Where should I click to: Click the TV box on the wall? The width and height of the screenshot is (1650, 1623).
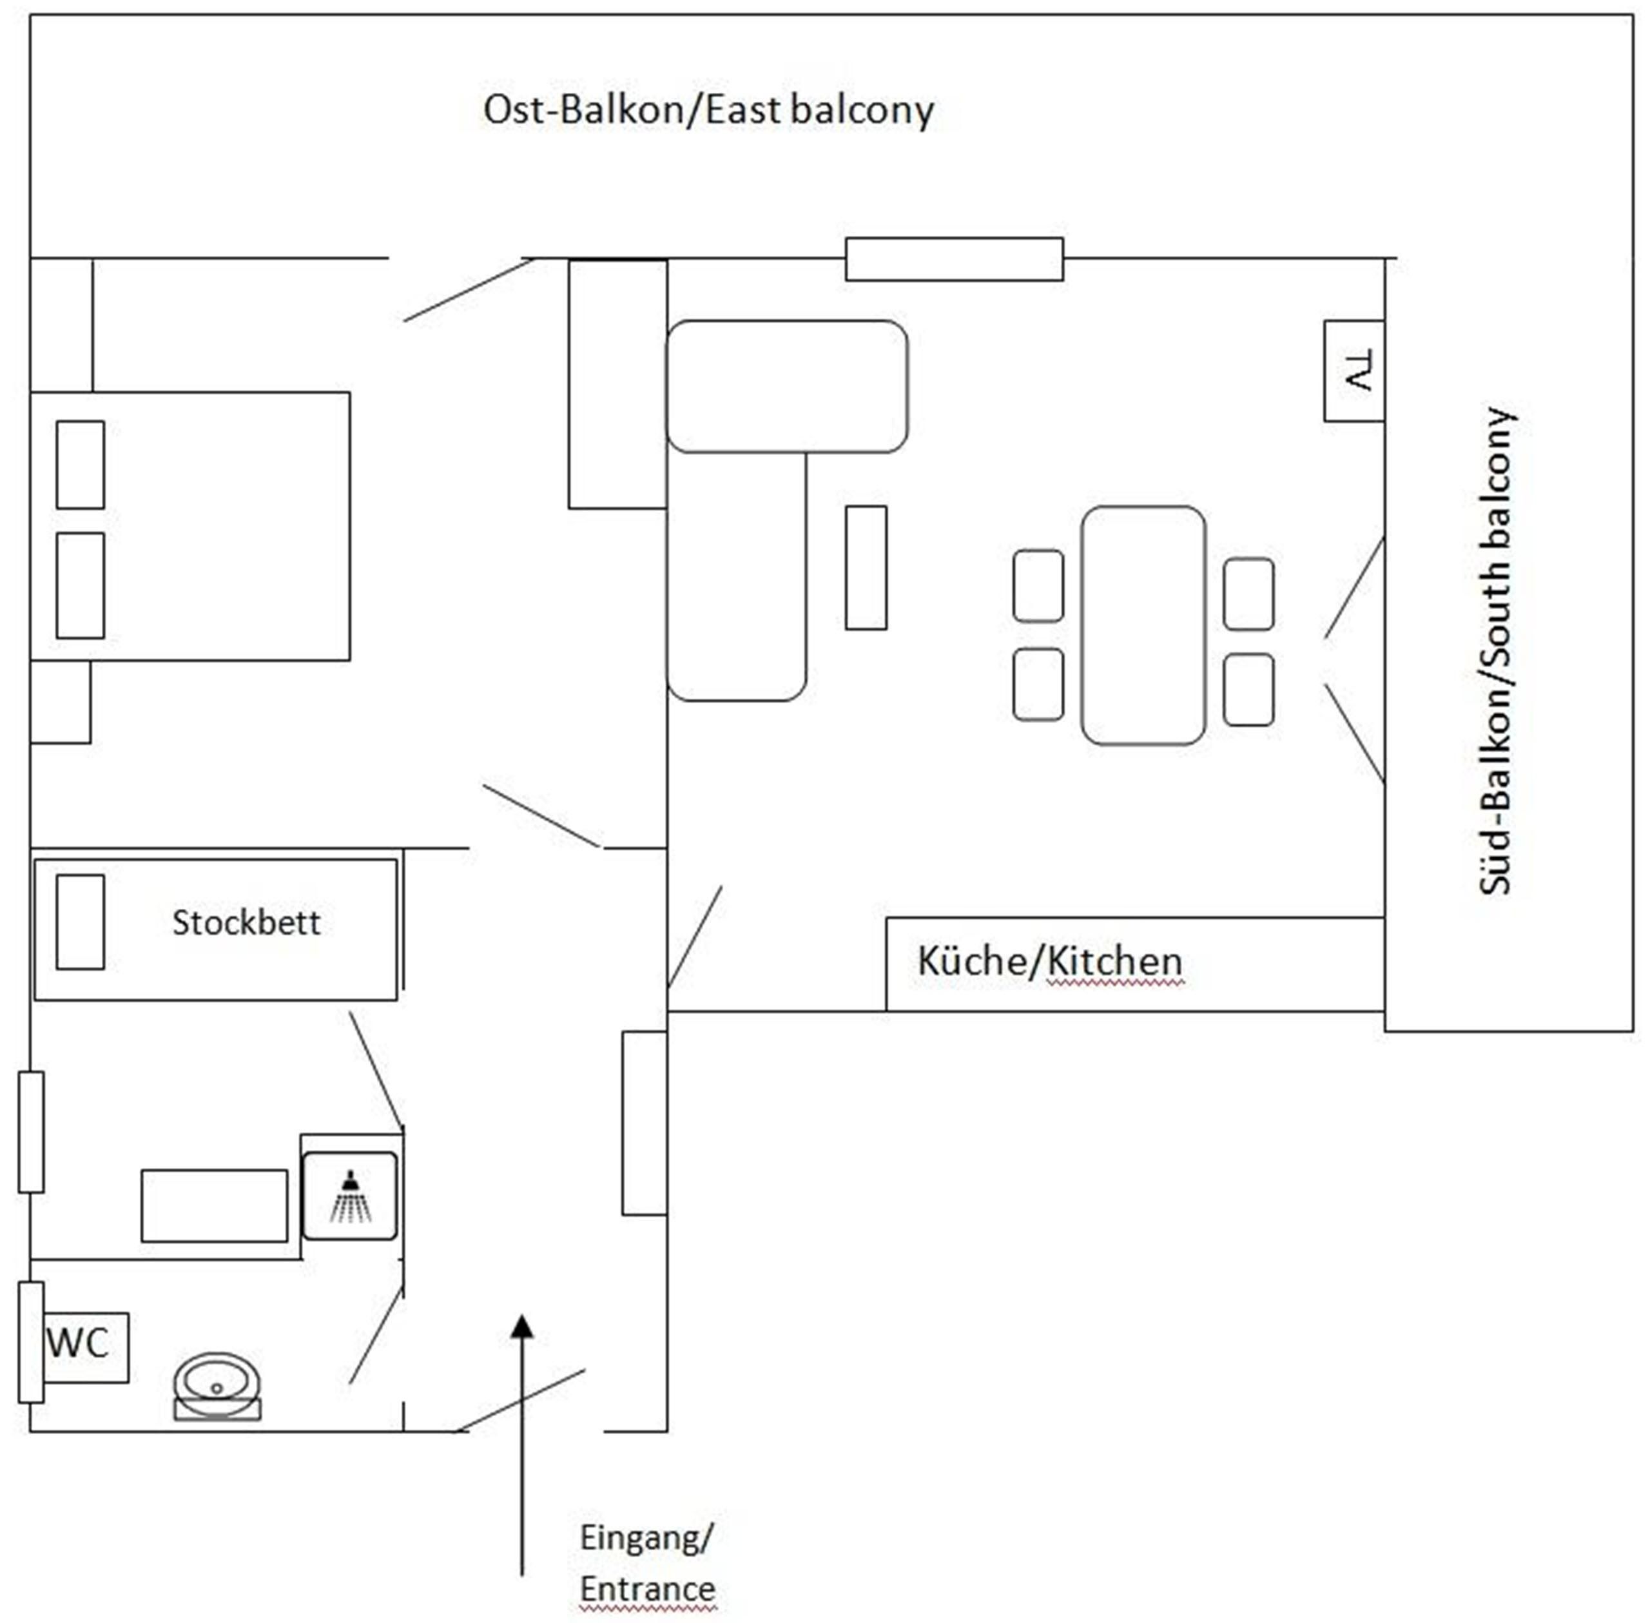[1354, 371]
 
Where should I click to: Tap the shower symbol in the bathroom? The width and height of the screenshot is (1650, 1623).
[349, 1196]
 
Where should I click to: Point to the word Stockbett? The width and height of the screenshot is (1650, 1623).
[246, 923]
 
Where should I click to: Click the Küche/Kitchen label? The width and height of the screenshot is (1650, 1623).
[1050, 962]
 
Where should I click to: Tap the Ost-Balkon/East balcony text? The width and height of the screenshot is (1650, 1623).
[708, 111]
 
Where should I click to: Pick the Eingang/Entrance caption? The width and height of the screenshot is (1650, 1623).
[647, 1563]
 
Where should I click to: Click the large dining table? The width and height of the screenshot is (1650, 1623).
[1143, 625]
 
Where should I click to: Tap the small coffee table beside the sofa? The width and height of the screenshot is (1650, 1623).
[866, 568]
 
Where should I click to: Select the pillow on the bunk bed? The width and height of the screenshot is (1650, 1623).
[80, 922]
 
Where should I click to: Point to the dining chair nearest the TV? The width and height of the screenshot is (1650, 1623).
[1248, 594]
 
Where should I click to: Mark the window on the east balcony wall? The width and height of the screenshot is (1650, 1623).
[954, 259]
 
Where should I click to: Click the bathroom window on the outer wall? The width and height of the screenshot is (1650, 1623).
[31, 1132]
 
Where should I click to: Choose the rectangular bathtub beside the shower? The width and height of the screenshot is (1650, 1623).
[214, 1205]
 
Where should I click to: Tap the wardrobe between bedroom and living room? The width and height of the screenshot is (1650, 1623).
[617, 384]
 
